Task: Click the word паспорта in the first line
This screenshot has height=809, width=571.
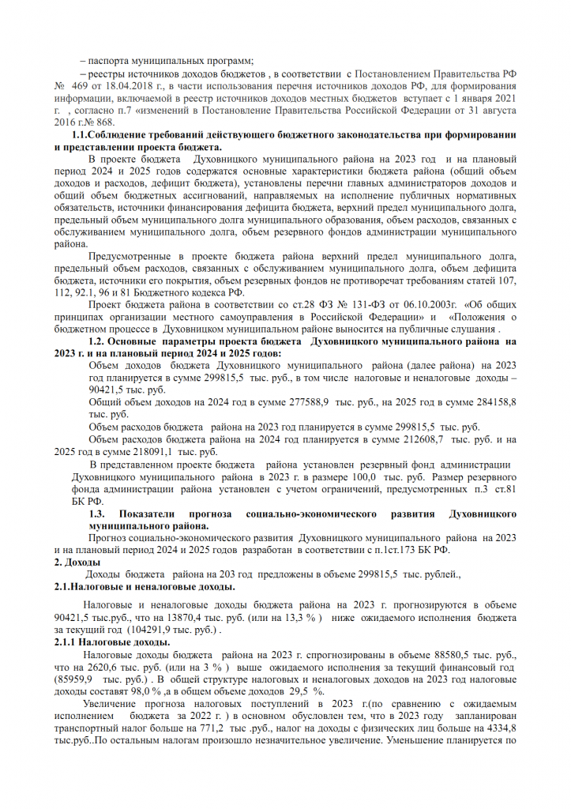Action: tap(113, 61)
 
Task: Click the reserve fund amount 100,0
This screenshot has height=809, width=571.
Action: tap(360, 477)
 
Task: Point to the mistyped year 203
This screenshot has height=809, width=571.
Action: tap(238, 574)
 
